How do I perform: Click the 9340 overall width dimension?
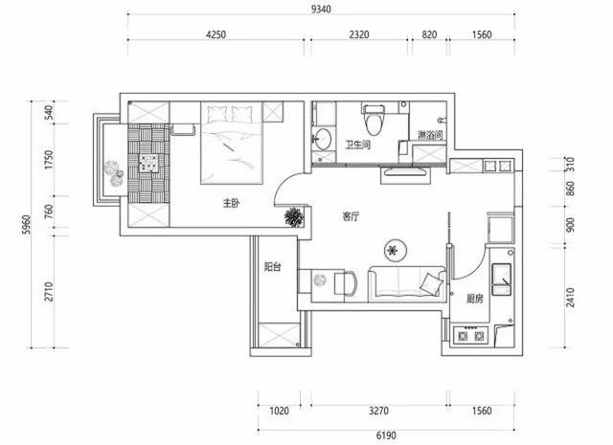click(321, 9)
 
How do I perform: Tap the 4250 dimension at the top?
click(216, 34)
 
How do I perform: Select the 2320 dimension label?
click(359, 34)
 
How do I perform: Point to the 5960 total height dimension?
click(26, 224)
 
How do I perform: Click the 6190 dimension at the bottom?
click(386, 435)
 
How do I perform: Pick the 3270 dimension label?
click(379, 411)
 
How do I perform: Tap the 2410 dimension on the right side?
click(571, 298)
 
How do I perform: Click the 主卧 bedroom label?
click(231, 203)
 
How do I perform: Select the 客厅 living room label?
click(351, 216)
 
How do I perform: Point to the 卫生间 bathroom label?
click(357, 145)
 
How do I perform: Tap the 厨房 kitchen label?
click(475, 299)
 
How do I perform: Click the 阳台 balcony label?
click(272, 267)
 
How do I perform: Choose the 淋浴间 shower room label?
click(430, 135)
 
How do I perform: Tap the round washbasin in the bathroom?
click(323, 139)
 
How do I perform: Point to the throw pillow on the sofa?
click(430, 283)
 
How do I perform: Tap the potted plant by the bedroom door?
click(294, 217)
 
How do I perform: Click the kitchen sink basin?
click(502, 279)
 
